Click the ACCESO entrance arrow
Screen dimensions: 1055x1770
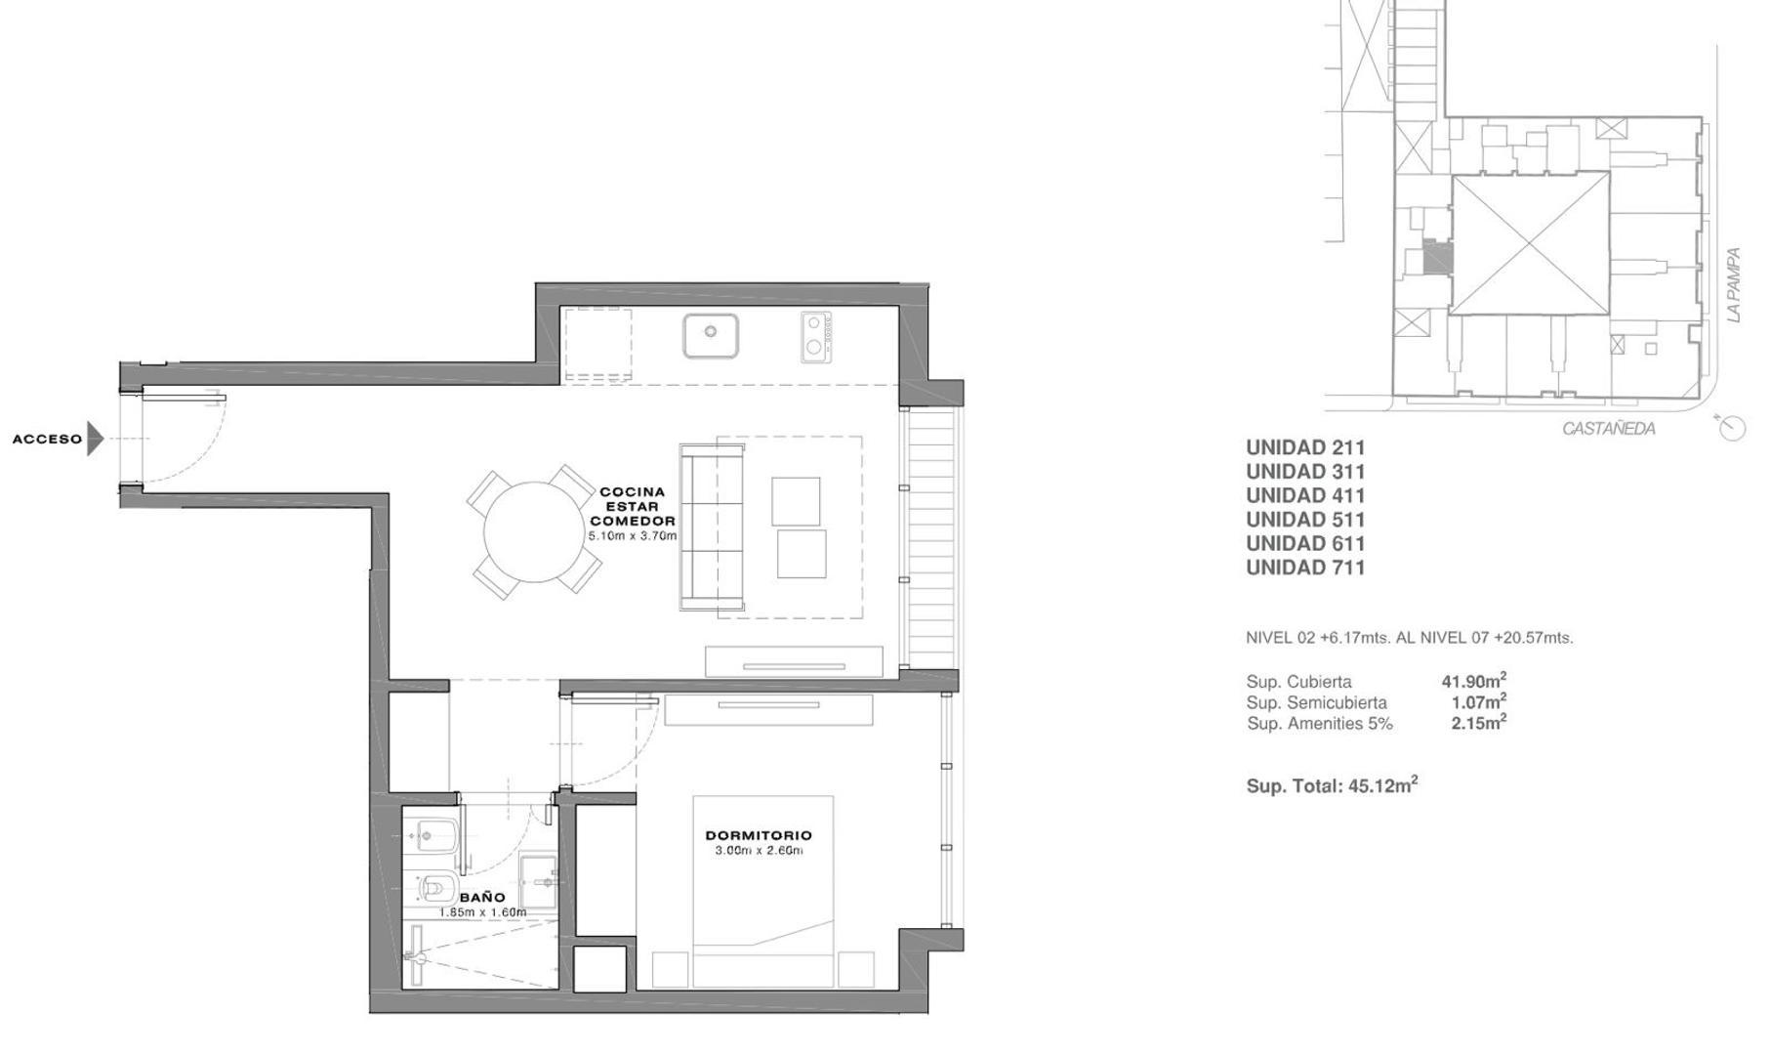(94, 439)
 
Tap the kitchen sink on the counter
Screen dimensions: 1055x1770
(710, 335)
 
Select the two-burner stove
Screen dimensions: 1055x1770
(817, 336)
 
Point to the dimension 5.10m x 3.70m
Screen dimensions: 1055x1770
(632, 536)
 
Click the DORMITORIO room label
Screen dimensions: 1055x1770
(759, 835)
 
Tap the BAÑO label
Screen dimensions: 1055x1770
(482, 897)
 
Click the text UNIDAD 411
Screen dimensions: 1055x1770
(1305, 495)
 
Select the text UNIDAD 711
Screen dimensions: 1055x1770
(1305, 568)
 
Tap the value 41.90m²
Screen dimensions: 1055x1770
(1473, 681)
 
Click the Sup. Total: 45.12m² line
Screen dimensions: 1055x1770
(1332, 785)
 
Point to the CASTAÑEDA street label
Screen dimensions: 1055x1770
(1608, 428)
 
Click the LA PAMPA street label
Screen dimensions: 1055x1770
(1733, 284)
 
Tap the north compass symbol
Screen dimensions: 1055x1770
(1731, 427)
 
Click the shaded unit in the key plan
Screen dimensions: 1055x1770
(1436, 258)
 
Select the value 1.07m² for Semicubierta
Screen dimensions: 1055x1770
(1478, 701)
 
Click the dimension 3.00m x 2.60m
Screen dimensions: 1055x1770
(759, 851)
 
